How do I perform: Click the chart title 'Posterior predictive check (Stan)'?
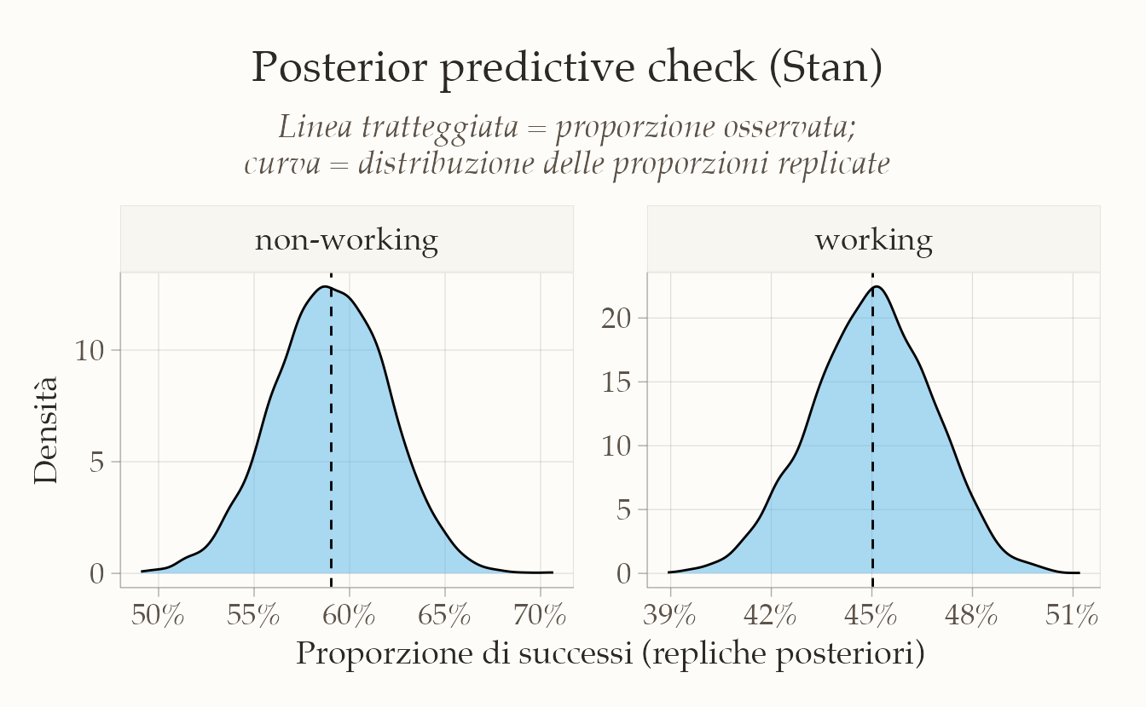567,68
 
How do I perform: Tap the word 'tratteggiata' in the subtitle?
440,127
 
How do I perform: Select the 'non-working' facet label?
346,239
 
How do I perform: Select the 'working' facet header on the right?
873,240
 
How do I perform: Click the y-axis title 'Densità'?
45,430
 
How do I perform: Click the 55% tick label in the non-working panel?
253,615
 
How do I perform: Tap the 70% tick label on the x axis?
540,615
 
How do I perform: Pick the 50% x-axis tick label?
158,615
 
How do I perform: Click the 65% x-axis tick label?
444,615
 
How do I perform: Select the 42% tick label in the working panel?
770,615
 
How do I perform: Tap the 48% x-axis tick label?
971,615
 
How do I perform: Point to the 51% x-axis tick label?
1072,615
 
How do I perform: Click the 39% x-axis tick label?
669,615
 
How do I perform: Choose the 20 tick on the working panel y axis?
616,319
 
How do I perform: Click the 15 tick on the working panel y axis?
616,382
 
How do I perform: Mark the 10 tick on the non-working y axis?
90,351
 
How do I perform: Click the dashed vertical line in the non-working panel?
331,430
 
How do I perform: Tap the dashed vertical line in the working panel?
872,430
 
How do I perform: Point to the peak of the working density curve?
877,286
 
